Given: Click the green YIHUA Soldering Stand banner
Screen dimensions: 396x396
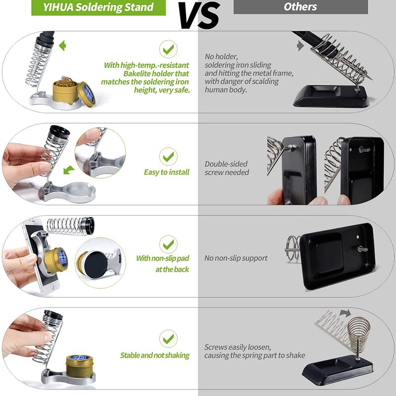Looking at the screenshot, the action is point(98,7).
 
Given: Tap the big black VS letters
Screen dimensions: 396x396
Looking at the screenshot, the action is point(199,16).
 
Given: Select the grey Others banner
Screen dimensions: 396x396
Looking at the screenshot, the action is point(300,7).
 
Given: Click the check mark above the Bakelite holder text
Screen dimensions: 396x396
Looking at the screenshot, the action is point(168,49).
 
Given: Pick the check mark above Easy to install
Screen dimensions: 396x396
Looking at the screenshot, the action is point(168,156).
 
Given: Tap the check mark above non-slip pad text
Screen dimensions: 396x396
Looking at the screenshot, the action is point(168,244).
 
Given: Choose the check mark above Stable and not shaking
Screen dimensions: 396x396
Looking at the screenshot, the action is point(168,339).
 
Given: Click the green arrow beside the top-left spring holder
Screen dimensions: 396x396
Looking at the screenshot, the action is point(62,46).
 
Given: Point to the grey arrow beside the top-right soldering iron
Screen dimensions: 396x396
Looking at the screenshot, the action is point(300,46).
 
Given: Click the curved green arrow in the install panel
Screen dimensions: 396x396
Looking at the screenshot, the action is point(69,170).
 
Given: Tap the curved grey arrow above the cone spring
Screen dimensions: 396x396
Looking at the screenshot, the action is point(345,313).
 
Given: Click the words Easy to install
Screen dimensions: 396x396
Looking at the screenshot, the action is point(166,172).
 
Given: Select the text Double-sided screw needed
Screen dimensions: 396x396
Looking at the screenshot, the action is point(227,168).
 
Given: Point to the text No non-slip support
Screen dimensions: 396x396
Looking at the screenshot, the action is point(236,258).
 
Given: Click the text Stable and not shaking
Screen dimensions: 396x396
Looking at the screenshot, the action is point(155,355).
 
